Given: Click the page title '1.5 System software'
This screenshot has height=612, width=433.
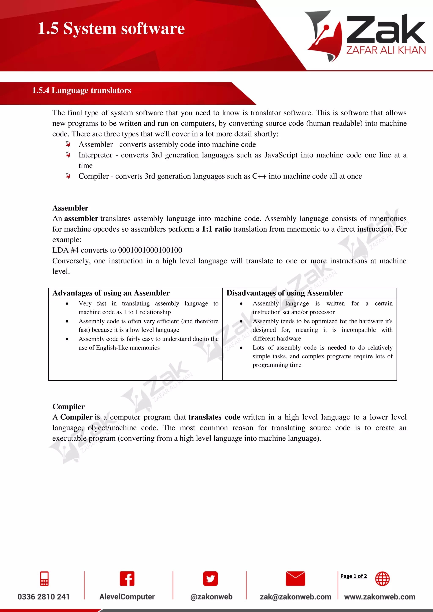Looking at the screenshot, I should tap(111, 28).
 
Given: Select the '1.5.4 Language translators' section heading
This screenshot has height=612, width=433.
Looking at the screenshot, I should tap(82, 90).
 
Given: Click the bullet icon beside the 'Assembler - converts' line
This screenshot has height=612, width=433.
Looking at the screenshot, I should tap(68, 144).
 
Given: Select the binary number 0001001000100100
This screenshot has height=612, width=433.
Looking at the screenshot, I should tap(150, 250).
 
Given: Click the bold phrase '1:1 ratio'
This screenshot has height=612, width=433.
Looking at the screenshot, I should tap(216, 229).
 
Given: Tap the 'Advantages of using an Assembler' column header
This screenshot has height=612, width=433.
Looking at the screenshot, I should tap(111, 293).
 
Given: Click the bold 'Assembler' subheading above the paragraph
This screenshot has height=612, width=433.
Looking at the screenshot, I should tap(70, 208).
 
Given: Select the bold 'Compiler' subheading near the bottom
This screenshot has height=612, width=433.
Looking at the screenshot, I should tap(69, 407).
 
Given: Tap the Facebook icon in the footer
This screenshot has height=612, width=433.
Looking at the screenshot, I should tap(127, 579).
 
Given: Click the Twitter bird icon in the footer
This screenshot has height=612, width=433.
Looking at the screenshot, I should tap(210, 579).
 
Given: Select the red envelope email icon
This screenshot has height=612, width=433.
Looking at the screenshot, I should tap(295, 579).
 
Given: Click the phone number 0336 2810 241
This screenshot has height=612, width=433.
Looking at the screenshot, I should tap(44, 597).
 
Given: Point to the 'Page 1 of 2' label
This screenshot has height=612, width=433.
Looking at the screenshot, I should tap(354, 576).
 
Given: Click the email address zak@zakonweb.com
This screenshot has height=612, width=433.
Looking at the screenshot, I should tap(295, 597).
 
